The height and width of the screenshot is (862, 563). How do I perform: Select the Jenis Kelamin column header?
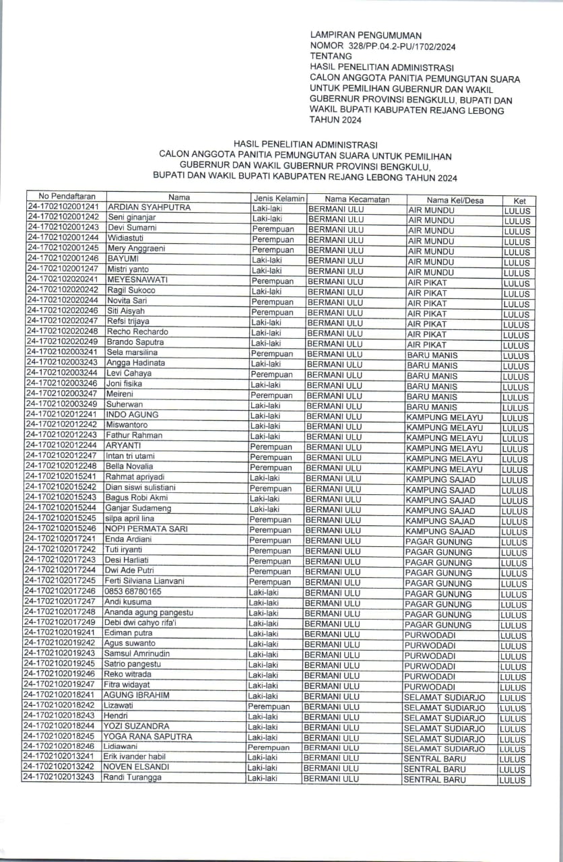click(x=278, y=199)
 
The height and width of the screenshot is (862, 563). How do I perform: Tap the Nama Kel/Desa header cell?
click(x=455, y=200)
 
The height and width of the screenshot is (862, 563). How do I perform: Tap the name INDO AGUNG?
click(x=128, y=415)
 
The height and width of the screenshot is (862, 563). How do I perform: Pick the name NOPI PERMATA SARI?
click(x=139, y=529)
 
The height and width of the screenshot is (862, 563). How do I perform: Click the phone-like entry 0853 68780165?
click(x=132, y=591)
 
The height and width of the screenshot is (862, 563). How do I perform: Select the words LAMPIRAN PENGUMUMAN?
click(x=366, y=34)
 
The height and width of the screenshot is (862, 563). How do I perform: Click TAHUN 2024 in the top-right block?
click(x=335, y=121)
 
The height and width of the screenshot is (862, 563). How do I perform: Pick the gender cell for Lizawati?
click(x=269, y=706)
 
